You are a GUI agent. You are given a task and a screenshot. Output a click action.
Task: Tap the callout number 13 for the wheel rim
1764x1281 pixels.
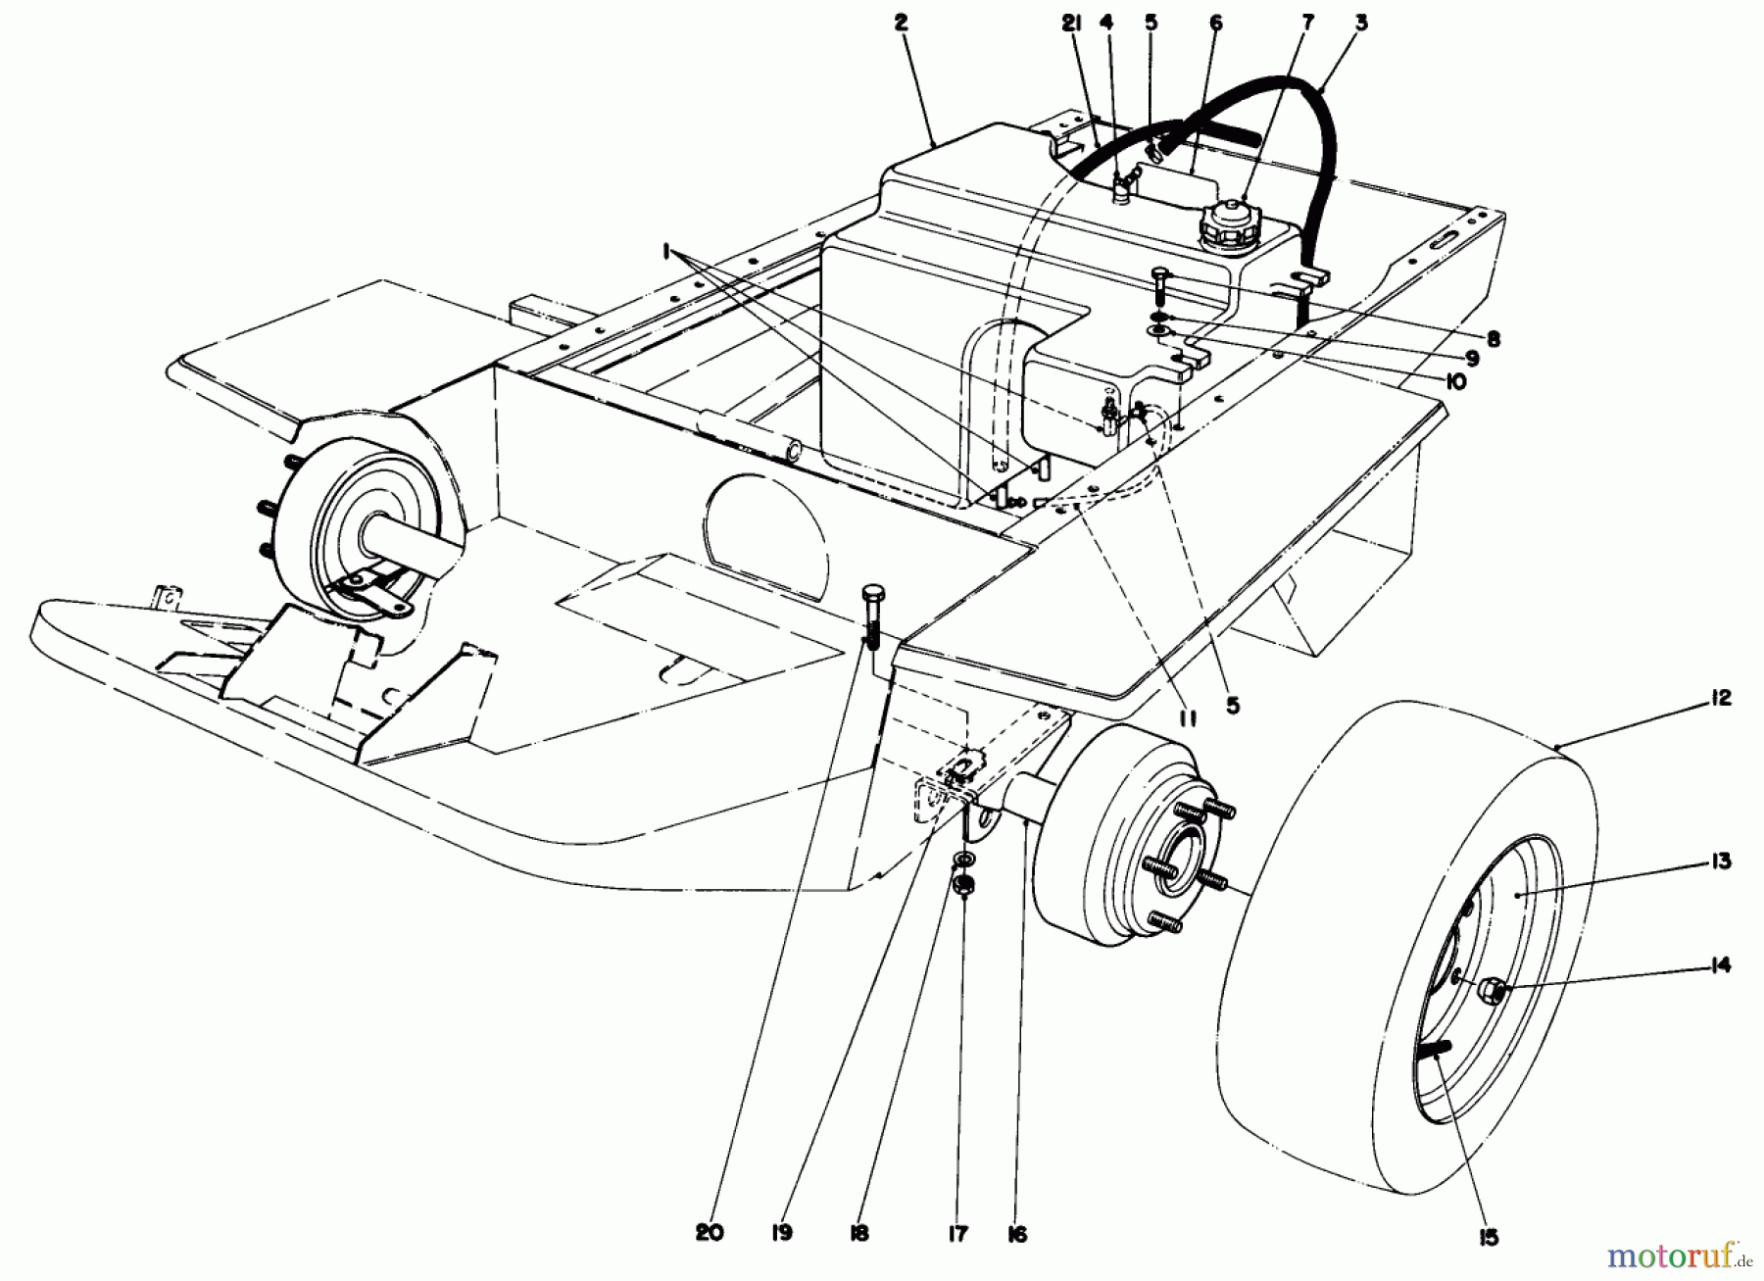[x=1720, y=862]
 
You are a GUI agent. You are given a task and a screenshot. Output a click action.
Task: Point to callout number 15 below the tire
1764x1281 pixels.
[x=1489, y=1238]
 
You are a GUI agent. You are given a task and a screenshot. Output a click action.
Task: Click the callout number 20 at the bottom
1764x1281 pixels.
[x=710, y=1233]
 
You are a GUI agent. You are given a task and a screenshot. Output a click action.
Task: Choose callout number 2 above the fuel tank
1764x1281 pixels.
[x=902, y=23]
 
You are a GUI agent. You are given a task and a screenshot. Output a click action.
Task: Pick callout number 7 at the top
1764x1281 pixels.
[x=1308, y=21]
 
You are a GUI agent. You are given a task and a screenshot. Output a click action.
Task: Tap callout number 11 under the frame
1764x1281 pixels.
[x=1188, y=718]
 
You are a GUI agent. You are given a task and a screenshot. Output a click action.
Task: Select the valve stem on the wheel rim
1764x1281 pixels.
[x=1433, y=1051]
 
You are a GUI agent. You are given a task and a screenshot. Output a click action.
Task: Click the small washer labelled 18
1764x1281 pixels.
[x=963, y=861]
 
